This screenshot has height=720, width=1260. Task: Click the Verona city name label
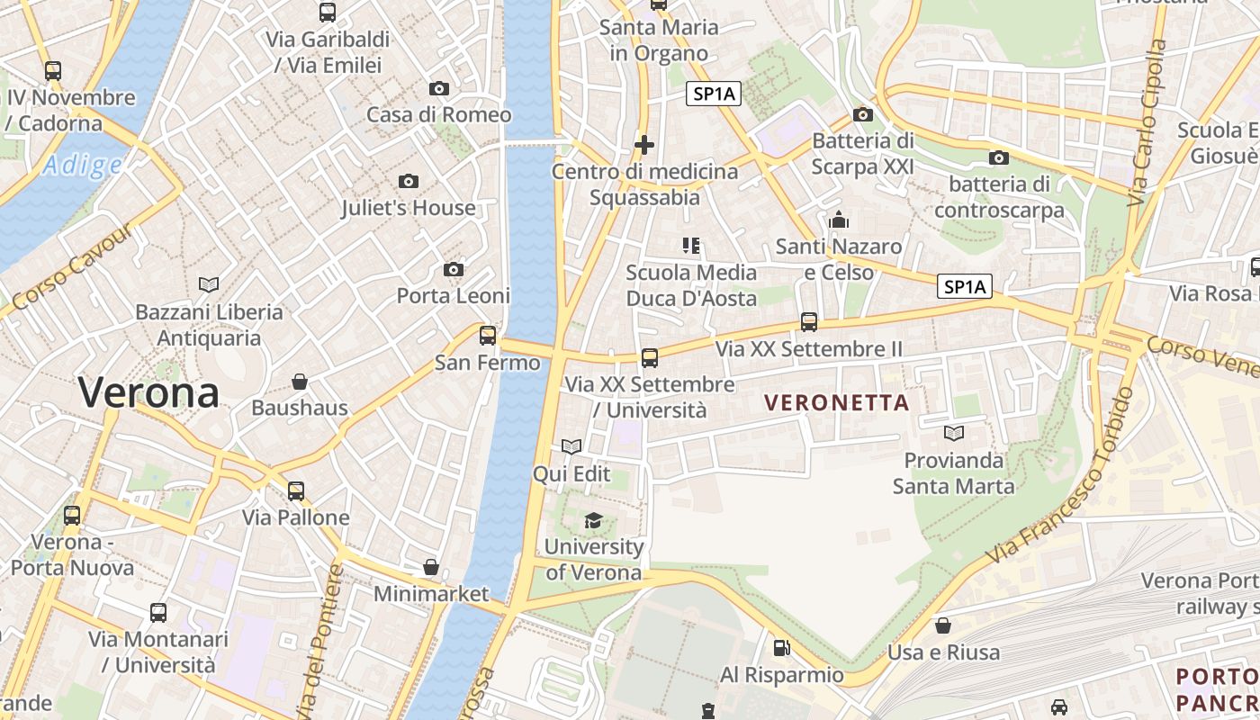(148, 393)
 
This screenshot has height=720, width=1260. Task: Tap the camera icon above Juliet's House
(409, 182)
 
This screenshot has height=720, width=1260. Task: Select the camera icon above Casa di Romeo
(439, 88)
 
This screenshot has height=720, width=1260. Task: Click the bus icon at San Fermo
(488, 336)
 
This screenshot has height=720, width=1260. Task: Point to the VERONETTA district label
(837, 403)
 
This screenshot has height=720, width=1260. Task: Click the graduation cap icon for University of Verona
(593, 520)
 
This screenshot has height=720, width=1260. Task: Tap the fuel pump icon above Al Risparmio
(781, 648)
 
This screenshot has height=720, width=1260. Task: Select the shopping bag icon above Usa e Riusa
(943, 625)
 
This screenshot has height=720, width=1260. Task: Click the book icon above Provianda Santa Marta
(953, 434)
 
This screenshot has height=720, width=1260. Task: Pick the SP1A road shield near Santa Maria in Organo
(714, 94)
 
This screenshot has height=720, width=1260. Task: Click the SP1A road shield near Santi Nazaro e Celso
(964, 287)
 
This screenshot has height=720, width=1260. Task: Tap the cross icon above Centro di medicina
(644, 144)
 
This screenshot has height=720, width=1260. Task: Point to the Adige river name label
(82, 166)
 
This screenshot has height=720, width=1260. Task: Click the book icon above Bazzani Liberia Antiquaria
(209, 285)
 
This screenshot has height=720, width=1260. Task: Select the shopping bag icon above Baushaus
(300, 382)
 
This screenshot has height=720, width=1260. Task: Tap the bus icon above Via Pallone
(296, 491)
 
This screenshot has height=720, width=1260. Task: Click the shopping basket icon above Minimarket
(431, 568)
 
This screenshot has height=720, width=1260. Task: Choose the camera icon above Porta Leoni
(454, 270)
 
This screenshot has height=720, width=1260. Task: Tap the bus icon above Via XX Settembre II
(809, 322)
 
